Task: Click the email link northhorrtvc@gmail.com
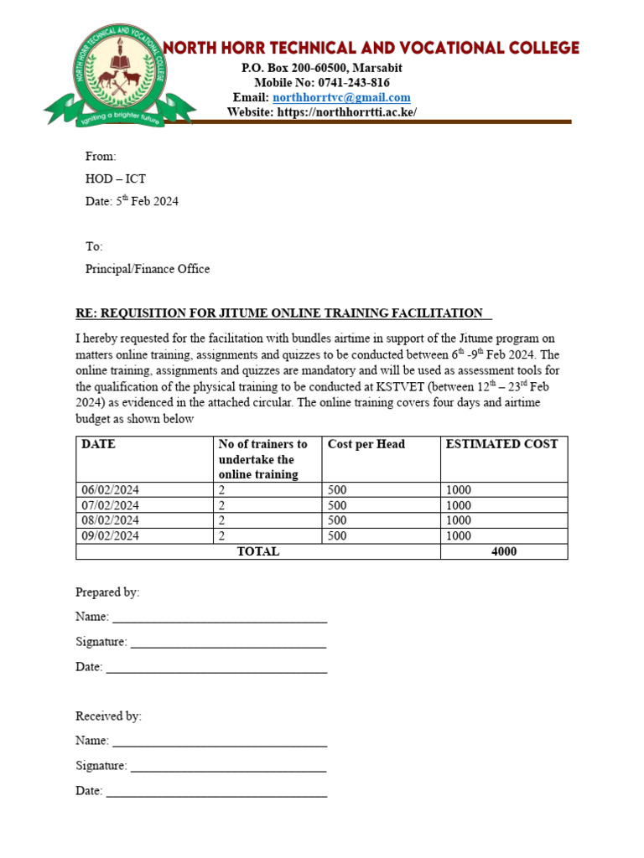pyautogui.click(x=341, y=97)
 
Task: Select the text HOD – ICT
pyautogui.click(x=116, y=178)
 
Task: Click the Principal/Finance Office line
pyautogui.click(x=148, y=269)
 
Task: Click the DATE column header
pyautogui.click(x=98, y=444)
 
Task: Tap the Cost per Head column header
pyautogui.click(x=366, y=444)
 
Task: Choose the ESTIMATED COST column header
pyautogui.click(x=501, y=444)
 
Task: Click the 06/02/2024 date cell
pyautogui.click(x=111, y=490)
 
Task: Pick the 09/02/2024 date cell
pyautogui.click(x=111, y=535)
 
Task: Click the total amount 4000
pyautogui.click(x=504, y=551)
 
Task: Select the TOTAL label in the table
pyautogui.click(x=258, y=551)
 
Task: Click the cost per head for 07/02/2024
pyautogui.click(x=337, y=505)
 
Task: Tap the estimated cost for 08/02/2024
pyautogui.click(x=459, y=520)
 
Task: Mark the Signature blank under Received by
pyautogui.click(x=228, y=766)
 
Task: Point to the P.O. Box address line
pyautogui.click(x=322, y=67)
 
